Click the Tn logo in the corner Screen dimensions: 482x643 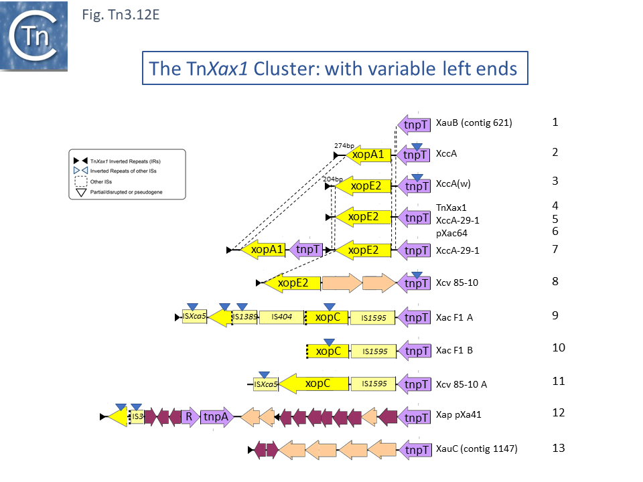[x=34, y=35]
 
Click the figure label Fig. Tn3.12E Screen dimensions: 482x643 [x=121, y=14]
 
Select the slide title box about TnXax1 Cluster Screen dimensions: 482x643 [x=334, y=68]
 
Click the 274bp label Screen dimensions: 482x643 [x=344, y=145]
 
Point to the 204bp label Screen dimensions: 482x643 [x=332, y=179]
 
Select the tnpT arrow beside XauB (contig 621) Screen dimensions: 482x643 [x=415, y=125]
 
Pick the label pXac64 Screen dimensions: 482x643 [x=451, y=233]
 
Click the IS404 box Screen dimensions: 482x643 [x=280, y=317]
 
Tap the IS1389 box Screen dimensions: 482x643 [x=244, y=317]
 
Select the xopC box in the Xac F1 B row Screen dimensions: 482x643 [x=328, y=351]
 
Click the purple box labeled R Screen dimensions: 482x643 [x=189, y=416]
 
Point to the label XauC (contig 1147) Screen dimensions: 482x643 [x=476, y=449]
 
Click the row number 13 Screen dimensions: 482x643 [x=558, y=447]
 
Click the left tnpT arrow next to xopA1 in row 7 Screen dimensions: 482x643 [x=307, y=250]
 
